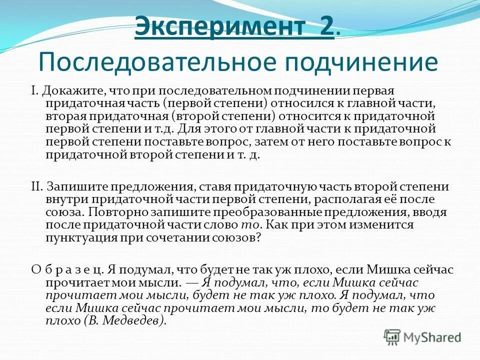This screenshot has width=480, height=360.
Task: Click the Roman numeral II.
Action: point(36,187)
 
